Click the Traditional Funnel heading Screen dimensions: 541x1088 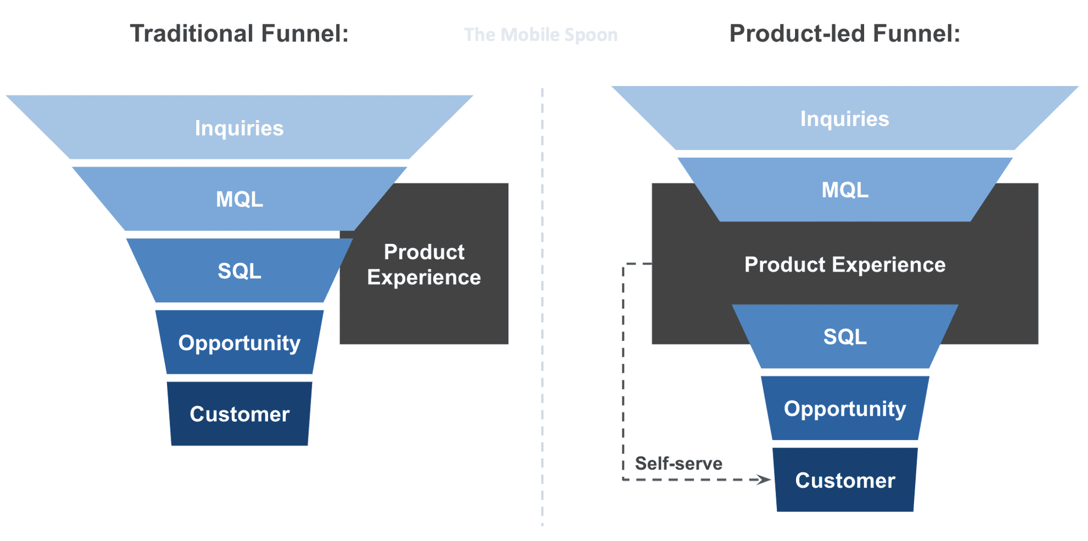coord(239,33)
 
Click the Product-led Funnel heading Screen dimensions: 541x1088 coord(844,33)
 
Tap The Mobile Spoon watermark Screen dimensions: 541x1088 coord(540,35)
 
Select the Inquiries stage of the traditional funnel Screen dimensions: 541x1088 coord(239,128)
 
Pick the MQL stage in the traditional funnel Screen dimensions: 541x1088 coord(239,199)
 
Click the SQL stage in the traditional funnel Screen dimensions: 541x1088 coord(239,271)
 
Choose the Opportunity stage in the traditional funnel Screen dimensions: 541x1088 coord(239,343)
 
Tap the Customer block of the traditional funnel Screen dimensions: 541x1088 coord(239,414)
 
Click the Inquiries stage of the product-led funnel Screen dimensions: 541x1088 coord(844,119)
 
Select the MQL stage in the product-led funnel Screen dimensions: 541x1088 coord(844,190)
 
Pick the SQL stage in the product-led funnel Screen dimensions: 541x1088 coord(844,337)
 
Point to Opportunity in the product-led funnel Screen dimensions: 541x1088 coord(844,409)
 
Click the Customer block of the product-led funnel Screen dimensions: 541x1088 coord(844,480)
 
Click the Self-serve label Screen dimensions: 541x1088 coord(679,463)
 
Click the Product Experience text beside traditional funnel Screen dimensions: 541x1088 coord(424,265)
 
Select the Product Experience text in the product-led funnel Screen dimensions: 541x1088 coord(844,265)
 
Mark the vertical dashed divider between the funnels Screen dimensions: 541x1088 coord(542,308)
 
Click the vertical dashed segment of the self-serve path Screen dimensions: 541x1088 coord(623,372)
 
